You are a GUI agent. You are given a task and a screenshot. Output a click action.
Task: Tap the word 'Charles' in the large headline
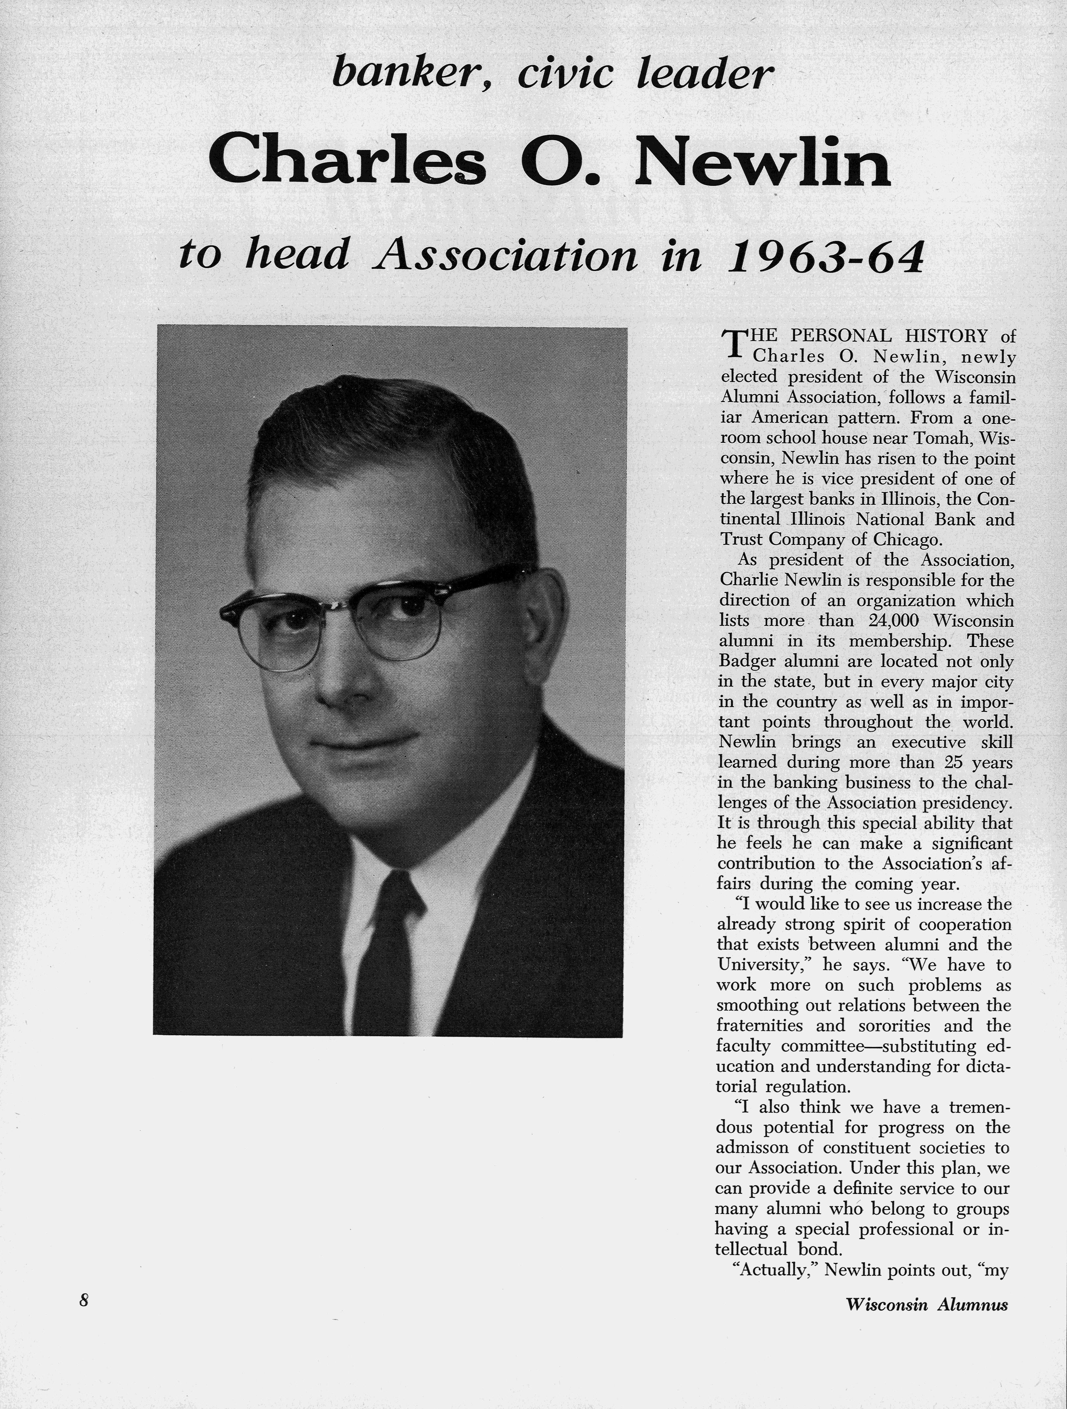point(347,163)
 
